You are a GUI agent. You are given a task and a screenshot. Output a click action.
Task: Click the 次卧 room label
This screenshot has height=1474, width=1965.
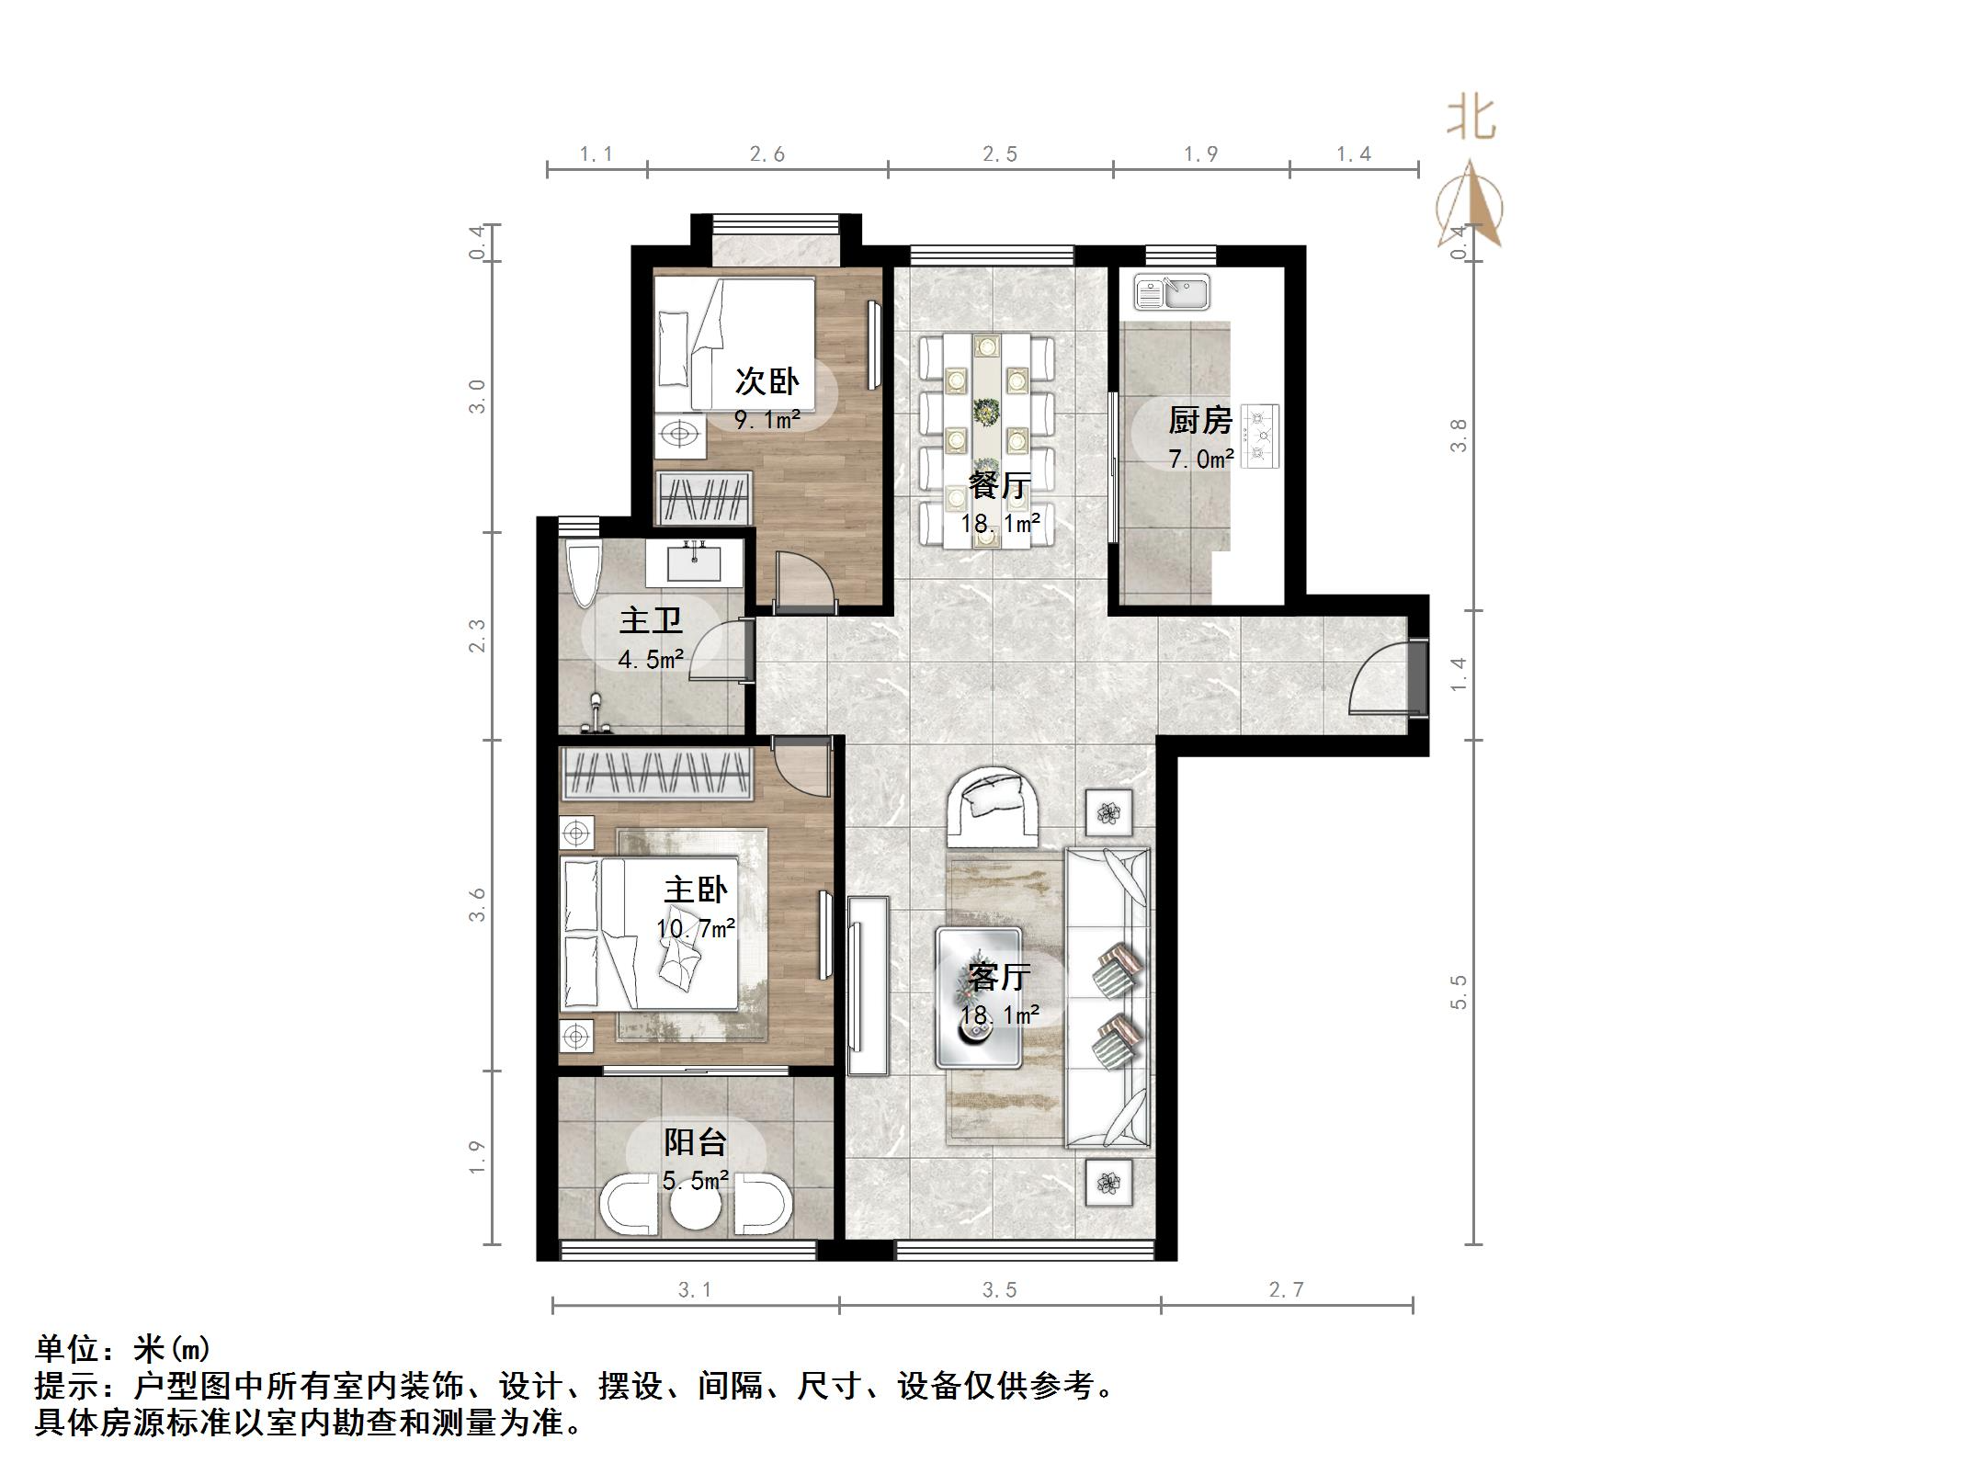point(767,380)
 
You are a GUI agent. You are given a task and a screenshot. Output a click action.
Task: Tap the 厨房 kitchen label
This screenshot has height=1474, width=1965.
point(1199,420)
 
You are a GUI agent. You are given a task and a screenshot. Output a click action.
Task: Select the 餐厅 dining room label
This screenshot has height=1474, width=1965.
point(999,484)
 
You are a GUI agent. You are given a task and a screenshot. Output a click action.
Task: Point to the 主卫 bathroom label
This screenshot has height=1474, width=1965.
point(651,620)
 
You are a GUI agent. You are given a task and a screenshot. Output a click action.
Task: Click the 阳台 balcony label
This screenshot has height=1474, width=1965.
point(696,1142)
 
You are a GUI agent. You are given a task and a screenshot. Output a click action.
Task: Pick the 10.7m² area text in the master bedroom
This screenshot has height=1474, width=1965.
point(696,928)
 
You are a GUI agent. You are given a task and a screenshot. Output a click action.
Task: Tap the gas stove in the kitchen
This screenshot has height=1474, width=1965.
point(1260,437)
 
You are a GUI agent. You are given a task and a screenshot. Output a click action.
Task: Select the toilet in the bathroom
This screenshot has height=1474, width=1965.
point(583,574)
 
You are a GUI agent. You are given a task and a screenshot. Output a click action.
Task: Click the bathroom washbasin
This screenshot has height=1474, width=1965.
point(694,562)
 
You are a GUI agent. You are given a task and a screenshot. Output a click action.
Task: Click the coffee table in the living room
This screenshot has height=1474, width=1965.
point(979,997)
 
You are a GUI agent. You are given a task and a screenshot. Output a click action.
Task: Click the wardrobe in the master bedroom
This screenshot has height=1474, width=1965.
point(657,772)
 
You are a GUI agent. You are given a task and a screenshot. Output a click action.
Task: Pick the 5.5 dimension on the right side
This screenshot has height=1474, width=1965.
point(1459,992)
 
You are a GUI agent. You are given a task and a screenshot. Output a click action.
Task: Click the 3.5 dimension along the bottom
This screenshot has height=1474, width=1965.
point(999,1290)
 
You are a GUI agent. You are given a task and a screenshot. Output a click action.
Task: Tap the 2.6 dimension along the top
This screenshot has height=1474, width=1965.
point(767,154)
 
